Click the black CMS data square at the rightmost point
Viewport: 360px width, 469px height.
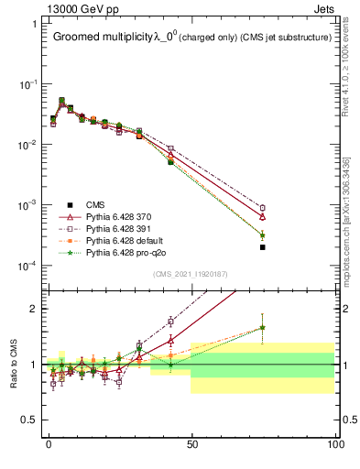pos(263,247)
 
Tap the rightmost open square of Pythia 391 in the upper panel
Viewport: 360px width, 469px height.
pos(263,208)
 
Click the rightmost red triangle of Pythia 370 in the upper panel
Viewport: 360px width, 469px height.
pos(263,217)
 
